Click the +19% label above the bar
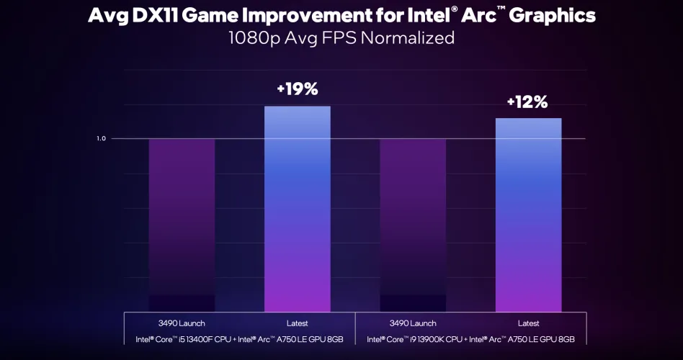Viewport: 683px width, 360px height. [x=297, y=89]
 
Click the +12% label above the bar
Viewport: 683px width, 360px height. [x=527, y=102]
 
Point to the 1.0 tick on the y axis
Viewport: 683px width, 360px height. [x=102, y=138]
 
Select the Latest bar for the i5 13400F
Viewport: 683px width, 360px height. [x=297, y=209]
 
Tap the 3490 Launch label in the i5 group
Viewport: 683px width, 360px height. [x=182, y=323]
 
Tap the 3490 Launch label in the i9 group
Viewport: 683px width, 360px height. [x=412, y=323]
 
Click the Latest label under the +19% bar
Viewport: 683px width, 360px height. [x=297, y=323]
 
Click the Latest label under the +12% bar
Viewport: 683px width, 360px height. [x=527, y=323]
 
